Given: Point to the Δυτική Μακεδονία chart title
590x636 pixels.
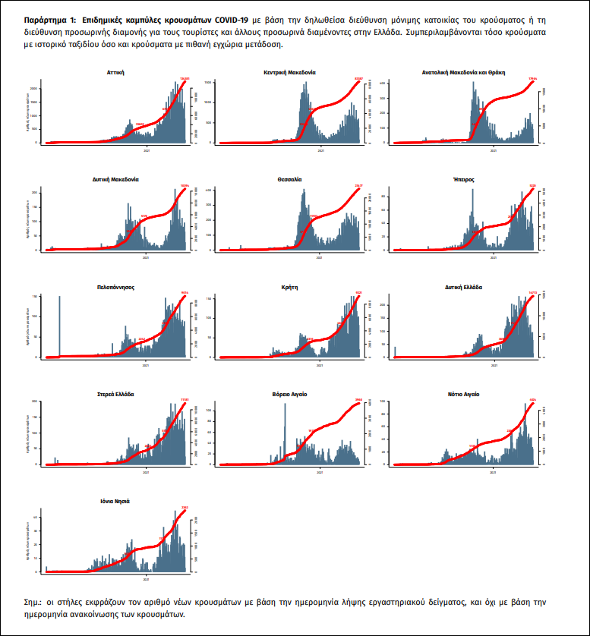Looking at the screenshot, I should pos(116,180).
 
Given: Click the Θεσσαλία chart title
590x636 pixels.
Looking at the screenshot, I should pos(289,180).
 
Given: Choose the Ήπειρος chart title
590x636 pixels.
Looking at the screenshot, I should pos(463,180).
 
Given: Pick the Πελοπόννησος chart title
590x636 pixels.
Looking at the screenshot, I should pos(116,288).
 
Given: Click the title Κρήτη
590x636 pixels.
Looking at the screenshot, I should pos(289,288).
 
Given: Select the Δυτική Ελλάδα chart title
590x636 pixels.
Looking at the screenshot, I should pos(463,288).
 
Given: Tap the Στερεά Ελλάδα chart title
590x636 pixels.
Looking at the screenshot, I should pos(116,395).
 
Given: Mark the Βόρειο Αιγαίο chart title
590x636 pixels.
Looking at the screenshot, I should pos(289,395).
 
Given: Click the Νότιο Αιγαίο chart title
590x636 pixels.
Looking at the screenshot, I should pos(463,395).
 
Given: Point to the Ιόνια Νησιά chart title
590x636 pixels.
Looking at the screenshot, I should pos(116,502).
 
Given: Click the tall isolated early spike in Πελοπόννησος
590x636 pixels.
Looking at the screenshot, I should pos(59,326).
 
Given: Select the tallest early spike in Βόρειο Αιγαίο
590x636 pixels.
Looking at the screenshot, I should pos(285,433).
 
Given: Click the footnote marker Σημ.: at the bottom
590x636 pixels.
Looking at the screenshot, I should pos(35,601).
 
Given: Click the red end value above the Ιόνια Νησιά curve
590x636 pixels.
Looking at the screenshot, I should pos(185,507).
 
